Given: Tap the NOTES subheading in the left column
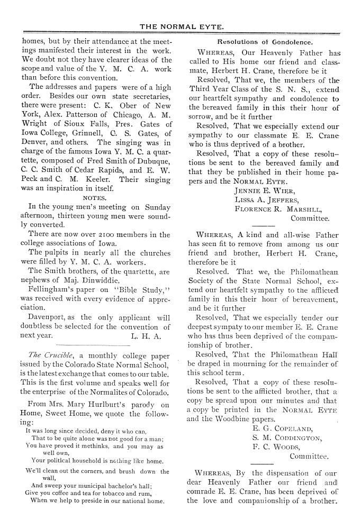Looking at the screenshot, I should [95, 197].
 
